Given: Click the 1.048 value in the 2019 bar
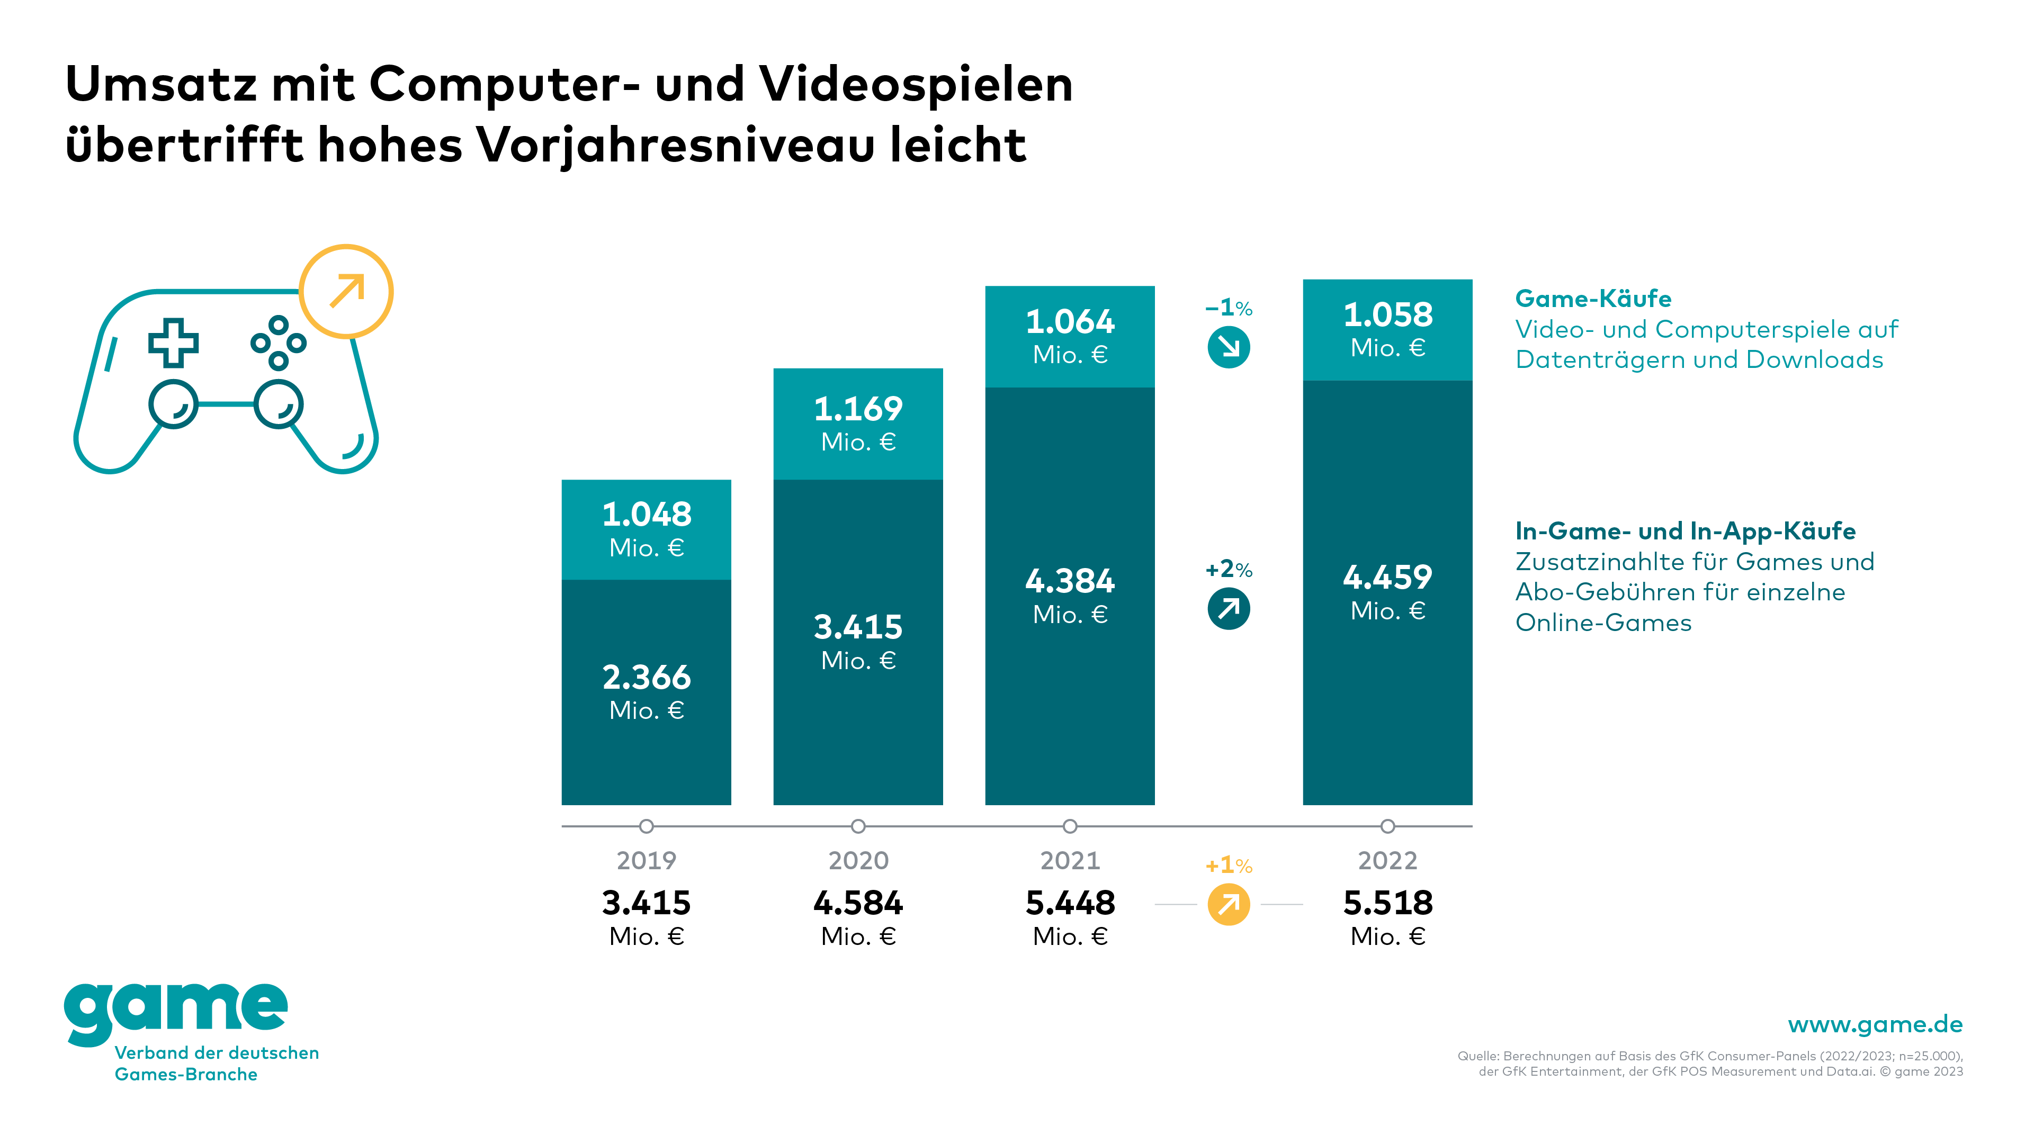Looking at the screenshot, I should (x=646, y=515).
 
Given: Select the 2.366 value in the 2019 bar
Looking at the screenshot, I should (x=646, y=678).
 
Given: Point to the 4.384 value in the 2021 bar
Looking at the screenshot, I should (x=1070, y=581).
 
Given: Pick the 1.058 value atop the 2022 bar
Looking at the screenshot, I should (x=1387, y=315).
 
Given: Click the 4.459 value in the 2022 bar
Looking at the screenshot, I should (x=1387, y=577).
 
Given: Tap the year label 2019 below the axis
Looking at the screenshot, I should (x=646, y=861).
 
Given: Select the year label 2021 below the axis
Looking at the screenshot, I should (x=1070, y=861).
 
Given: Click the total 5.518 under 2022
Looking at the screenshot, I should (x=1387, y=903).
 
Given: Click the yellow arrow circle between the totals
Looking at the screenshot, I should (x=1229, y=905).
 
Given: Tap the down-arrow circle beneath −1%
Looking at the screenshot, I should (x=1229, y=347).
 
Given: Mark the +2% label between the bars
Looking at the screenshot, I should (x=1229, y=569).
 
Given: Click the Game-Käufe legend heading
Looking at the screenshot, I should (x=1592, y=299).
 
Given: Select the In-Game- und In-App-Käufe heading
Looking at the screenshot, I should (x=1685, y=532).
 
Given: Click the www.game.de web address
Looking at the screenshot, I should (x=1875, y=1025).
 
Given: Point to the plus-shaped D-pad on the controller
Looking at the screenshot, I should (x=174, y=343).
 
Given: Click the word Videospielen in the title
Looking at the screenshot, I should (x=916, y=85).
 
